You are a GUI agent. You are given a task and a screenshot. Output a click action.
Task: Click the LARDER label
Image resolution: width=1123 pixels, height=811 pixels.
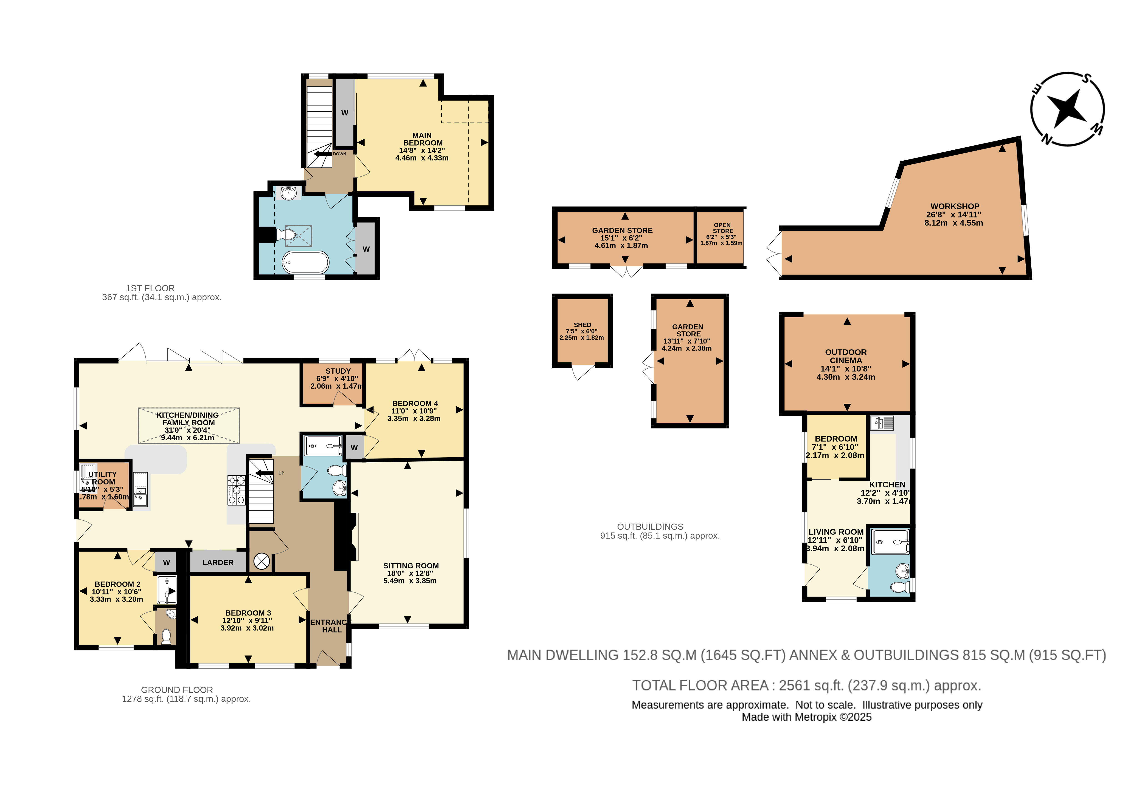[218, 562]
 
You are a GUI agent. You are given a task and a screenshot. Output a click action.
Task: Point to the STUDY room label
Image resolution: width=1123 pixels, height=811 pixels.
[338, 371]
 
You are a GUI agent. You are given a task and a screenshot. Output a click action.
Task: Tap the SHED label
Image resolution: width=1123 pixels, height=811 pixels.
[582, 325]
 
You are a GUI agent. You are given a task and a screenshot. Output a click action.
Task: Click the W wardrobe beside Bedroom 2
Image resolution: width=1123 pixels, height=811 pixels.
[166, 562]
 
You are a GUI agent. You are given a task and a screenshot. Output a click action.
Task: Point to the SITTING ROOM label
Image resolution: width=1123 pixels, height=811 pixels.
[411, 565]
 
